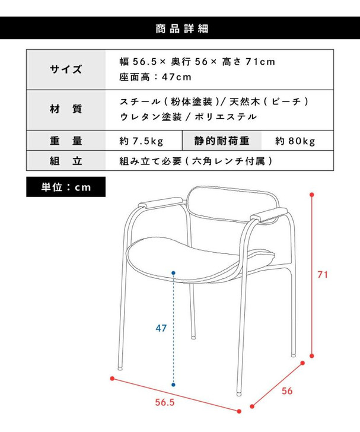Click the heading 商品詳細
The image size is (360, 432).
(x=180, y=28)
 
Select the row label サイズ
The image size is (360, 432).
(x=66, y=69)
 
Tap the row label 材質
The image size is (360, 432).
(x=66, y=109)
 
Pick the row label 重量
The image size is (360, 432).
(x=66, y=141)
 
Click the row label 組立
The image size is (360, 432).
(x=66, y=161)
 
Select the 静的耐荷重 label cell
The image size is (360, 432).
(x=221, y=141)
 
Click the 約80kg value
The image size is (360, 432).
(x=295, y=141)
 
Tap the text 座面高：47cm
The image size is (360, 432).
(x=155, y=77)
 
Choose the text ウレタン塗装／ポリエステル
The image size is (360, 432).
(x=188, y=117)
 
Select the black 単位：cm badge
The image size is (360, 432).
(x=66, y=187)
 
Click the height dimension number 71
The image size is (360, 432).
(x=323, y=275)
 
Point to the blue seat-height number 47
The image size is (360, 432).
(x=161, y=328)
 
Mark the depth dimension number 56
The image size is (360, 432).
(x=287, y=391)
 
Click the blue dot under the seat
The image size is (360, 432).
(x=174, y=274)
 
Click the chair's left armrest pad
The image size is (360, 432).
(x=165, y=203)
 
